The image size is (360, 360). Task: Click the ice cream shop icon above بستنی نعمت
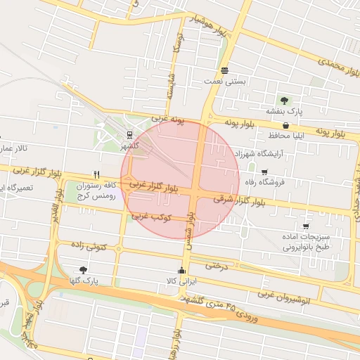click(x=224, y=70)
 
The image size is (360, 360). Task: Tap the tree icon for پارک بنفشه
click(x=284, y=100)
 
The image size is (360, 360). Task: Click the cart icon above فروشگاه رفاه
click(x=264, y=172)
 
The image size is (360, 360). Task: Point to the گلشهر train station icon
click(x=129, y=134)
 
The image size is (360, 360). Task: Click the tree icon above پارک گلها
click(x=84, y=269)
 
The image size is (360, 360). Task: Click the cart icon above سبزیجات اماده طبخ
click(x=306, y=226)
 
